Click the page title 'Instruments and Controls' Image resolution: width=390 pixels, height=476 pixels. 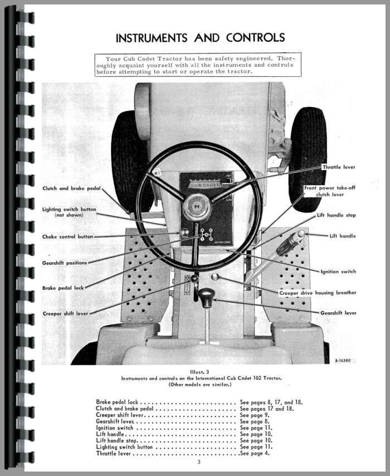[200, 38]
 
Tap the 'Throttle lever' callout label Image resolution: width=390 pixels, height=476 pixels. [338, 167]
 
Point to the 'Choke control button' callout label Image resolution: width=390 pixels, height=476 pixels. [68, 237]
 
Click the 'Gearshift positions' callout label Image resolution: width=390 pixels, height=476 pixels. [65, 263]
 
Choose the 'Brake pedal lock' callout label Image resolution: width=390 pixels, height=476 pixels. [63, 288]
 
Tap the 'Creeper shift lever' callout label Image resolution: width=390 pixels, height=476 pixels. [66, 314]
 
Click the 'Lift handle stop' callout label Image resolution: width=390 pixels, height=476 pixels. [336, 215]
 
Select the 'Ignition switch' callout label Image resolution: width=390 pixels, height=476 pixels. [338, 272]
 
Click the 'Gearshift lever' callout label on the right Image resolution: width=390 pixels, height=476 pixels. [338, 313]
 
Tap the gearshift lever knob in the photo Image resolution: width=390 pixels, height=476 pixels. [207, 298]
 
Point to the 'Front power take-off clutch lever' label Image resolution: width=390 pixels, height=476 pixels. [329, 191]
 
